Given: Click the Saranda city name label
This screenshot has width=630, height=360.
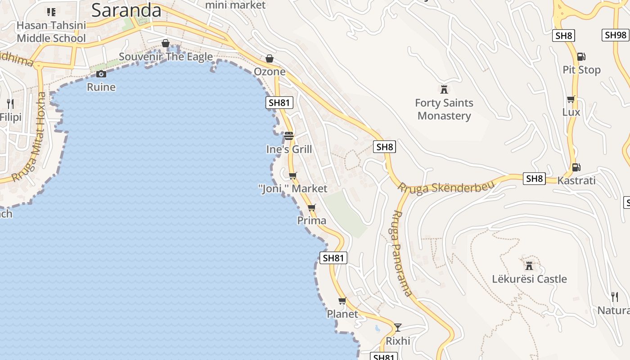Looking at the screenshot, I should (x=126, y=10).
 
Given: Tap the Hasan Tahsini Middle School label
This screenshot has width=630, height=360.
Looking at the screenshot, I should (x=51, y=31).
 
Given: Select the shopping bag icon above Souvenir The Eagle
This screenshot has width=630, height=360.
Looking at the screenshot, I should (x=166, y=43).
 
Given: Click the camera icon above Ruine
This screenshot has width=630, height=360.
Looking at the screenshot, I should (x=101, y=74).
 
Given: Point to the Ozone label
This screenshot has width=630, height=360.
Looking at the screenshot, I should (x=270, y=72).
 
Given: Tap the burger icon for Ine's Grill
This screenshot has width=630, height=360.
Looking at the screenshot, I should (x=289, y=135).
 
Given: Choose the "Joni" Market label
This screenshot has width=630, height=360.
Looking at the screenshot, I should (x=293, y=189).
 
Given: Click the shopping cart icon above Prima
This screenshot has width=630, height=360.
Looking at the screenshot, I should (x=311, y=208).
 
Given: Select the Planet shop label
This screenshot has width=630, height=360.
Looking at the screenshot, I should (x=342, y=314).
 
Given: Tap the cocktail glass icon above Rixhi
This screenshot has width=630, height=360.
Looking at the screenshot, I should (x=398, y=327).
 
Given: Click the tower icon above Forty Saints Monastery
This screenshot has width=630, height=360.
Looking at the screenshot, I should (x=444, y=89).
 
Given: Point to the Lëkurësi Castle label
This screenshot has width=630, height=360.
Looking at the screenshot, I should (x=529, y=279).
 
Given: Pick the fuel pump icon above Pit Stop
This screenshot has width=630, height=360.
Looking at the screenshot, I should (x=581, y=57).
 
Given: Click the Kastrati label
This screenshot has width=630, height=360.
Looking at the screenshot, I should (x=576, y=180).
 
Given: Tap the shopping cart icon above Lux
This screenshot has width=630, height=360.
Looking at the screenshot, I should (x=571, y=99).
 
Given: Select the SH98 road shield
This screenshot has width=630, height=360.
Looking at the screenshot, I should (x=615, y=35).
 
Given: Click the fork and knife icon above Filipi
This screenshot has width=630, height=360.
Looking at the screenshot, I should (x=10, y=104).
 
